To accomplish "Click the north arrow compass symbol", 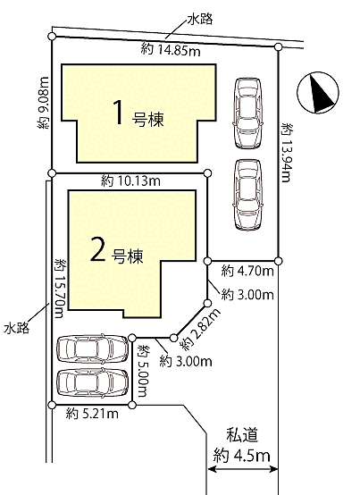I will [x=321, y=93].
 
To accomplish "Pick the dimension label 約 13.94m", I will [x=287, y=152].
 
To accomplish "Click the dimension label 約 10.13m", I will [x=130, y=180].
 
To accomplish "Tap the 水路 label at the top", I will [x=204, y=18].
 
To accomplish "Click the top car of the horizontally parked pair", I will [x=92, y=350].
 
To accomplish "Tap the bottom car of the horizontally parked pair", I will [x=92, y=382].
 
